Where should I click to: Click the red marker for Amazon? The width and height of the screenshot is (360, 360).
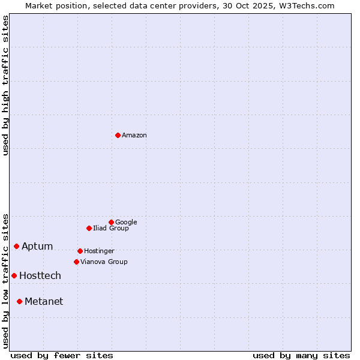(x=118, y=135)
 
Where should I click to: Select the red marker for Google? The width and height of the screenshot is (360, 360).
(x=111, y=222)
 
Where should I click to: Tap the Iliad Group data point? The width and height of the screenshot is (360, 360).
(x=89, y=228)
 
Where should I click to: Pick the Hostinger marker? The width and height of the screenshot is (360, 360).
(x=80, y=251)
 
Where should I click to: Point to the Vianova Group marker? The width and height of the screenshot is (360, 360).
(x=76, y=262)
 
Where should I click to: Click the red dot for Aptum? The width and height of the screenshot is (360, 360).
(x=16, y=246)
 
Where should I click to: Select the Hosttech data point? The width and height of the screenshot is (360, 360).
(x=14, y=275)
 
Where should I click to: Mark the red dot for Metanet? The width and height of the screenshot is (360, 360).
(x=19, y=301)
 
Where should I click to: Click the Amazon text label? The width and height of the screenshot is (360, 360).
(x=134, y=135)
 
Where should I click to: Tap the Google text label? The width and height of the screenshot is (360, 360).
(x=126, y=222)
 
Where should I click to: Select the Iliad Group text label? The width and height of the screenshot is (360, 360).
(x=111, y=228)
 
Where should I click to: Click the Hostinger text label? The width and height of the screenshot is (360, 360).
(x=99, y=251)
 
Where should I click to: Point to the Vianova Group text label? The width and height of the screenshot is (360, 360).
(x=104, y=262)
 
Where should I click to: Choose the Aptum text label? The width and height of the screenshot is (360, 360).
(x=37, y=246)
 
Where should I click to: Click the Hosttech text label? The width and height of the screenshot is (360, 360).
(x=40, y=275)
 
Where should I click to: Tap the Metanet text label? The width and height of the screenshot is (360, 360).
(x=44, y=301)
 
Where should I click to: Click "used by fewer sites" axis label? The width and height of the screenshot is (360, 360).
(x=62, y=355)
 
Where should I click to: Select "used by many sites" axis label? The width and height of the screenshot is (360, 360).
(x=301, y=355)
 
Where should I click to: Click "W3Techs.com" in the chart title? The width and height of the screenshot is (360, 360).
(x=309, y=5)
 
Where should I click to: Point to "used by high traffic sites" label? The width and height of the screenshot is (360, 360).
(x=5, y=85)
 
